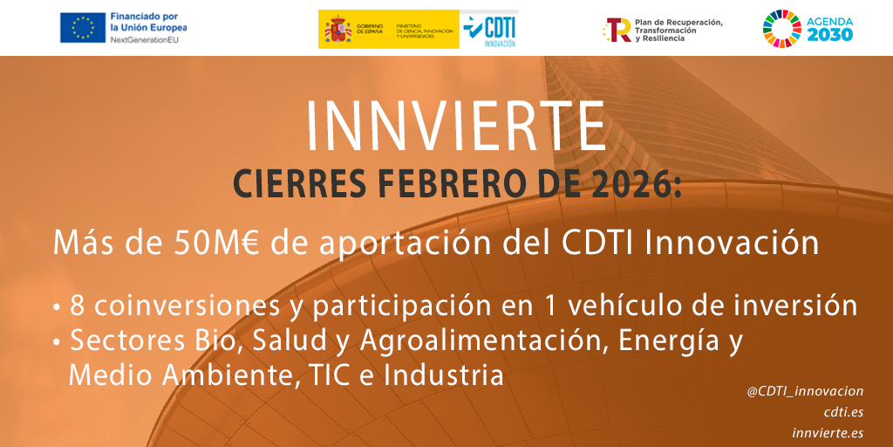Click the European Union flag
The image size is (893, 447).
(83, 28)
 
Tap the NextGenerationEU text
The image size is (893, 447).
(147, 40)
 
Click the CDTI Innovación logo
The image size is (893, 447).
(489, 29)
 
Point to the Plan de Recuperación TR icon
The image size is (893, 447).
(618, 29)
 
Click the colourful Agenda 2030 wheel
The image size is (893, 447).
(781, 28)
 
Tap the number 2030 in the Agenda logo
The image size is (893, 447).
(828, 35)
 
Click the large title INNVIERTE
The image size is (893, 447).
(456, 127)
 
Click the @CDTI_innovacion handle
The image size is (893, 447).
(805, 392)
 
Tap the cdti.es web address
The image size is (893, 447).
(843, 412)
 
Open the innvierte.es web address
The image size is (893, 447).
(828, 432)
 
